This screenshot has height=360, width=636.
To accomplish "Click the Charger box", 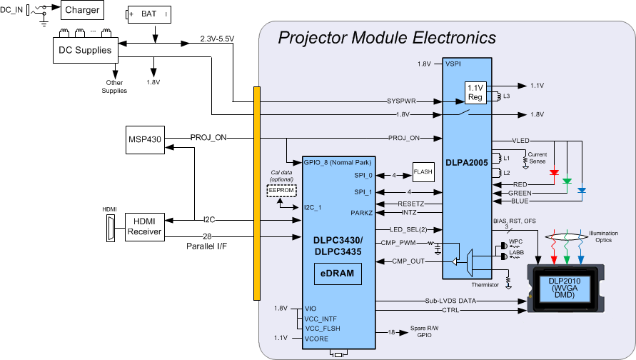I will tap(81, 10).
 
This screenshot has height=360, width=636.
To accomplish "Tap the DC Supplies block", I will tap(83, 50).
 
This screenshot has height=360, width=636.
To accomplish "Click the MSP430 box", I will tap(144, 138).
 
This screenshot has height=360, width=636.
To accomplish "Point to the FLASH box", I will tap(423, 171).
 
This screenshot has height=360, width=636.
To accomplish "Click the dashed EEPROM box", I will tap(281, 190).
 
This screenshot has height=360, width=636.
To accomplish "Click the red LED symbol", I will tap(555, 172).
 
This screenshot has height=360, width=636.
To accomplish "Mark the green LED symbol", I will tap(567, 181).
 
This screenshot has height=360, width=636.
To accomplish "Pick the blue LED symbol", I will tap(582, 190).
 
